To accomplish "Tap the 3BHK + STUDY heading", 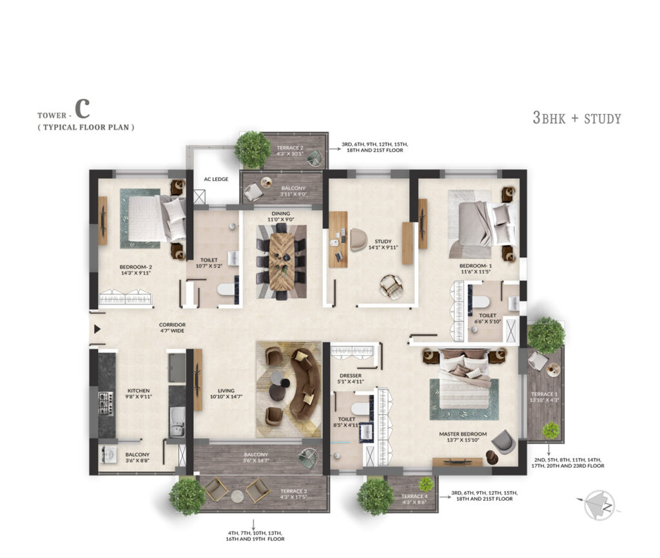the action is point(576,118).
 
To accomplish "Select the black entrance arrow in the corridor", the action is point(97,329).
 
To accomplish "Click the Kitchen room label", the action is point(139,390).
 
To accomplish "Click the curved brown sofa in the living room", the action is point(303,384).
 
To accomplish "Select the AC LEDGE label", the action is point(216,179).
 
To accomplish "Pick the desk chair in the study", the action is point(358,240).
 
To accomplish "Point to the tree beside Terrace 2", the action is point(252,148).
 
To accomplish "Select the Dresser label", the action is point(350,375).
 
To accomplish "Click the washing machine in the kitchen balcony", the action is point(109,453).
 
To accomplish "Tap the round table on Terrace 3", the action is point(237,496).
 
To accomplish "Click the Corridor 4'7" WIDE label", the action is point(172,328).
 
